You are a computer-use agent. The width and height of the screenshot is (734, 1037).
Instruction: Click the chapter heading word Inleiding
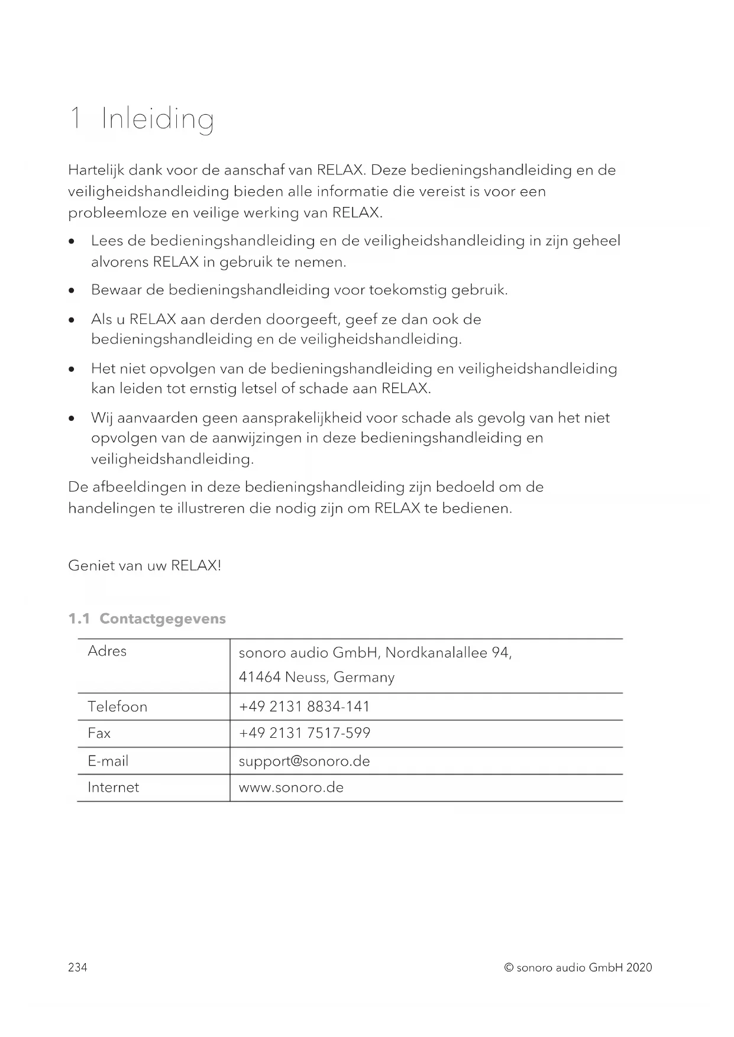157,119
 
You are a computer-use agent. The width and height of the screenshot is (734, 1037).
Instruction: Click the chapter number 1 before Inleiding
75,119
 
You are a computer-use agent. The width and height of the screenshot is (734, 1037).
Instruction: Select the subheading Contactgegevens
163,619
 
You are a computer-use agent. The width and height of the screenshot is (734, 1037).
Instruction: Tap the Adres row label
107,652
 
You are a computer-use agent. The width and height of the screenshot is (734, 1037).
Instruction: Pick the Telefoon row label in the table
117,707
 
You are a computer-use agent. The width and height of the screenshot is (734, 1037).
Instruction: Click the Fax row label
99,734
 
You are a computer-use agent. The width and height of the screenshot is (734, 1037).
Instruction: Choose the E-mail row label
108,761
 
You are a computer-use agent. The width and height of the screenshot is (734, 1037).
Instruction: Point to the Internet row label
113,788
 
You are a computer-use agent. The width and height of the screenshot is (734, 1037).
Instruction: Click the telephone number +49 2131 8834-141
304,707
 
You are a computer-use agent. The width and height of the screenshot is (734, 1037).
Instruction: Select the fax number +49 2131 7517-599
304,734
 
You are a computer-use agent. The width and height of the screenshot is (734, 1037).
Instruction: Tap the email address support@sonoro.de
304,761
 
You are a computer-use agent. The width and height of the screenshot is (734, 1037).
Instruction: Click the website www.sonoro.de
291,788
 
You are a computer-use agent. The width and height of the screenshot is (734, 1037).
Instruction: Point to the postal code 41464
259,677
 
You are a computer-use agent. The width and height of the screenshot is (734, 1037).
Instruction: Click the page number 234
77,968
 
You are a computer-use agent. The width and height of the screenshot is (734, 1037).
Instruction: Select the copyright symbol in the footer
508,968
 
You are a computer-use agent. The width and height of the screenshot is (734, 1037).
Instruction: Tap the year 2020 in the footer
639,968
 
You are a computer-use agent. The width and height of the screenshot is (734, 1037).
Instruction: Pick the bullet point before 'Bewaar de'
72,291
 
